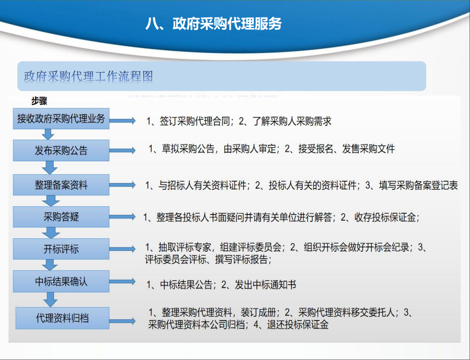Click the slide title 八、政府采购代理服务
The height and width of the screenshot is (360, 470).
213,24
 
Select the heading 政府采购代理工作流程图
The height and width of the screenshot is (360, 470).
89,77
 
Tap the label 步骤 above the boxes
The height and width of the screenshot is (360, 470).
39,101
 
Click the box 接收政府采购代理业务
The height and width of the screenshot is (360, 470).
61,119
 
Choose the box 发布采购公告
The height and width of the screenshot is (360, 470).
61,150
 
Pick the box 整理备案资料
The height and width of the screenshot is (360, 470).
61,185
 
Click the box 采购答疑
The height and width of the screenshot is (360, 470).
61,217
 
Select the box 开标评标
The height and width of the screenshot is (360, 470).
61,249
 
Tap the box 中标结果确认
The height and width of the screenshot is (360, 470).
61,282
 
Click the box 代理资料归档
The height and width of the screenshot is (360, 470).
62,318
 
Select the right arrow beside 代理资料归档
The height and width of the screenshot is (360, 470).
123,321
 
